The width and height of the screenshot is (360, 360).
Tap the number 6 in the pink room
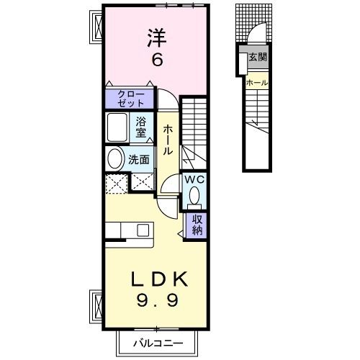pyautogui.click(x=156, y=60)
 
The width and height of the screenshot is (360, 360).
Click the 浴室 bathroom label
pyautogui.click(x=140, y=127)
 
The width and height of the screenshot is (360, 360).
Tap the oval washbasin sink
pyautogui.click(x=114, y=158)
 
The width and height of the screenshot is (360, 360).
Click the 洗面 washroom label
pyautogui.click(x=139, y=160)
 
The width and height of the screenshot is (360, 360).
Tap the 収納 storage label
pyautogui.click(x=196, y=225)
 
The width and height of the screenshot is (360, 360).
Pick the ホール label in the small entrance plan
pyautogui.click(x=257, y=83)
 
